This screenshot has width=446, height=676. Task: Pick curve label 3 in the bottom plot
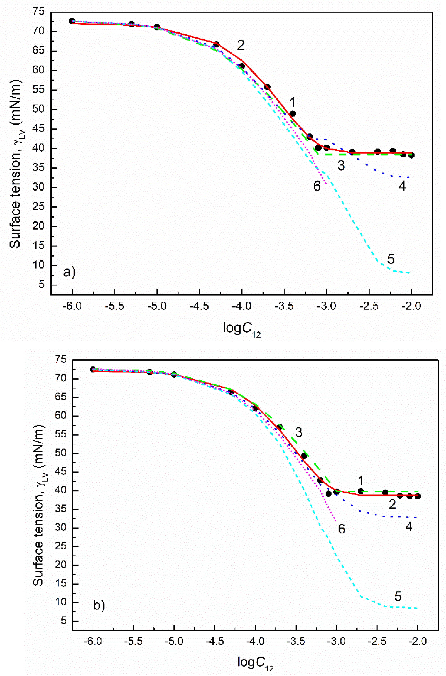coord(299,432)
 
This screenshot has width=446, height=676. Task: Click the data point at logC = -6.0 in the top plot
coord(72,21)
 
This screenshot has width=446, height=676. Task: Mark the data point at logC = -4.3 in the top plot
coord(216,44)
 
